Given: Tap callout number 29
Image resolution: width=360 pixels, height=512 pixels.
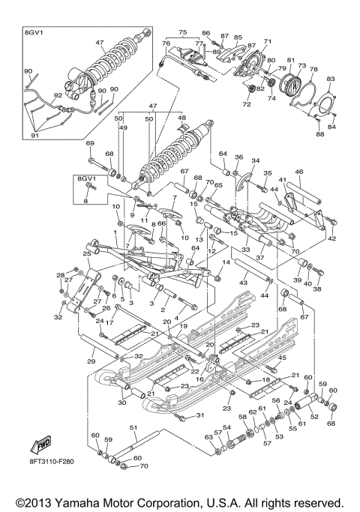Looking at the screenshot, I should (x=91, y=362).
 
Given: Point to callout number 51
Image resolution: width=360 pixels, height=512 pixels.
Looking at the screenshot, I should (x=133, y=427).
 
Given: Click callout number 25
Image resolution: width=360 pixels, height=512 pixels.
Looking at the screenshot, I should (x=86, y=255).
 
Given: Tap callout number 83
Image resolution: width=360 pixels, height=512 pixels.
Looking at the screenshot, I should (x=331, y=79).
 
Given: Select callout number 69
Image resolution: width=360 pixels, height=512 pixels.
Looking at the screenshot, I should (x=90, y=142).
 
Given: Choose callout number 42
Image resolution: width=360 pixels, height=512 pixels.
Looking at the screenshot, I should (x=332, y=238).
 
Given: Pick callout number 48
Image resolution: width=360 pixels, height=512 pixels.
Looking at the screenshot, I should (x=180, y=118).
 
